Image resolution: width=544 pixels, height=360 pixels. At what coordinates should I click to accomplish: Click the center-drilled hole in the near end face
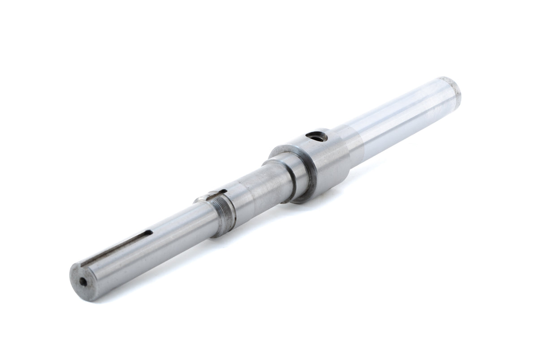pos(83,282)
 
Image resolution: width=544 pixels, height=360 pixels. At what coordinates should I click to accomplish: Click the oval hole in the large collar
pos(317,137)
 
